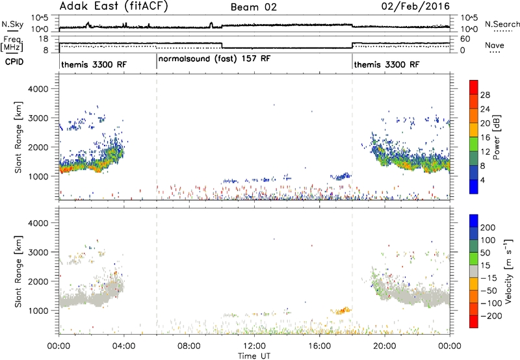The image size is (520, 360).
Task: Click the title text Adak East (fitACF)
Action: (114, 6)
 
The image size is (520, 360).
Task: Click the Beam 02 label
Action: (253, 7)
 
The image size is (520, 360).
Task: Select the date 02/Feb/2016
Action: (415, 6)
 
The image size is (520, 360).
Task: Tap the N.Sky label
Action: (12, 24)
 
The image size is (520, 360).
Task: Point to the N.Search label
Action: (502, 24)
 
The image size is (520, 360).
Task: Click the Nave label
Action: (495, 45)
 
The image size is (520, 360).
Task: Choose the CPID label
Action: (14, 62)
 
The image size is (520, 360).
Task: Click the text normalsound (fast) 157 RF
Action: (214, 59)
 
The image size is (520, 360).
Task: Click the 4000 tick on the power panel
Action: (38, 89)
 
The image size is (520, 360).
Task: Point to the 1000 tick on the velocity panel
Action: (38, 311)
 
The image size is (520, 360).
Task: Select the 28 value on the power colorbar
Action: (485, 95)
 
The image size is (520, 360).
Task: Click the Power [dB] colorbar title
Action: (496, 137)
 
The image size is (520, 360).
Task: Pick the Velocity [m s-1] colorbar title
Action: (508, 271)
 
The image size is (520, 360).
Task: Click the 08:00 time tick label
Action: (188, 346)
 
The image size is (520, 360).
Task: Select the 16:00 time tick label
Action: (319, 346)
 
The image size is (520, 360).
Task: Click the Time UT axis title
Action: (254, 355)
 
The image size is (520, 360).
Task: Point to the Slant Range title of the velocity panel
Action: (18, 271)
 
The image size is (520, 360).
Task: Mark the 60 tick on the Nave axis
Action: (465, 39)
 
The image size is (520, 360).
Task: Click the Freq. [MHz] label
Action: (12, 44)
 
